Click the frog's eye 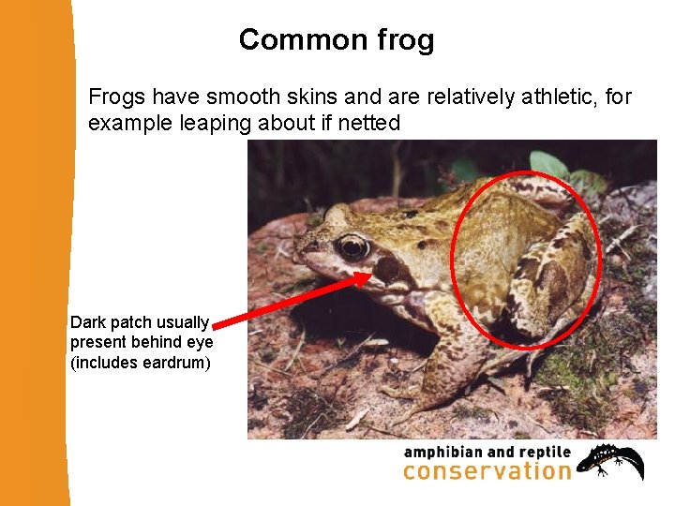pyautogui.click(x=353, y=247)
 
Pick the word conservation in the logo pyautogui.click(x=487, y=471)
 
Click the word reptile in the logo pyautogui.click(x=541, y=453)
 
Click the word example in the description pyautogui.click(x=122, y=123)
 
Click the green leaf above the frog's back pyautogui.click(x=548, y=165)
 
